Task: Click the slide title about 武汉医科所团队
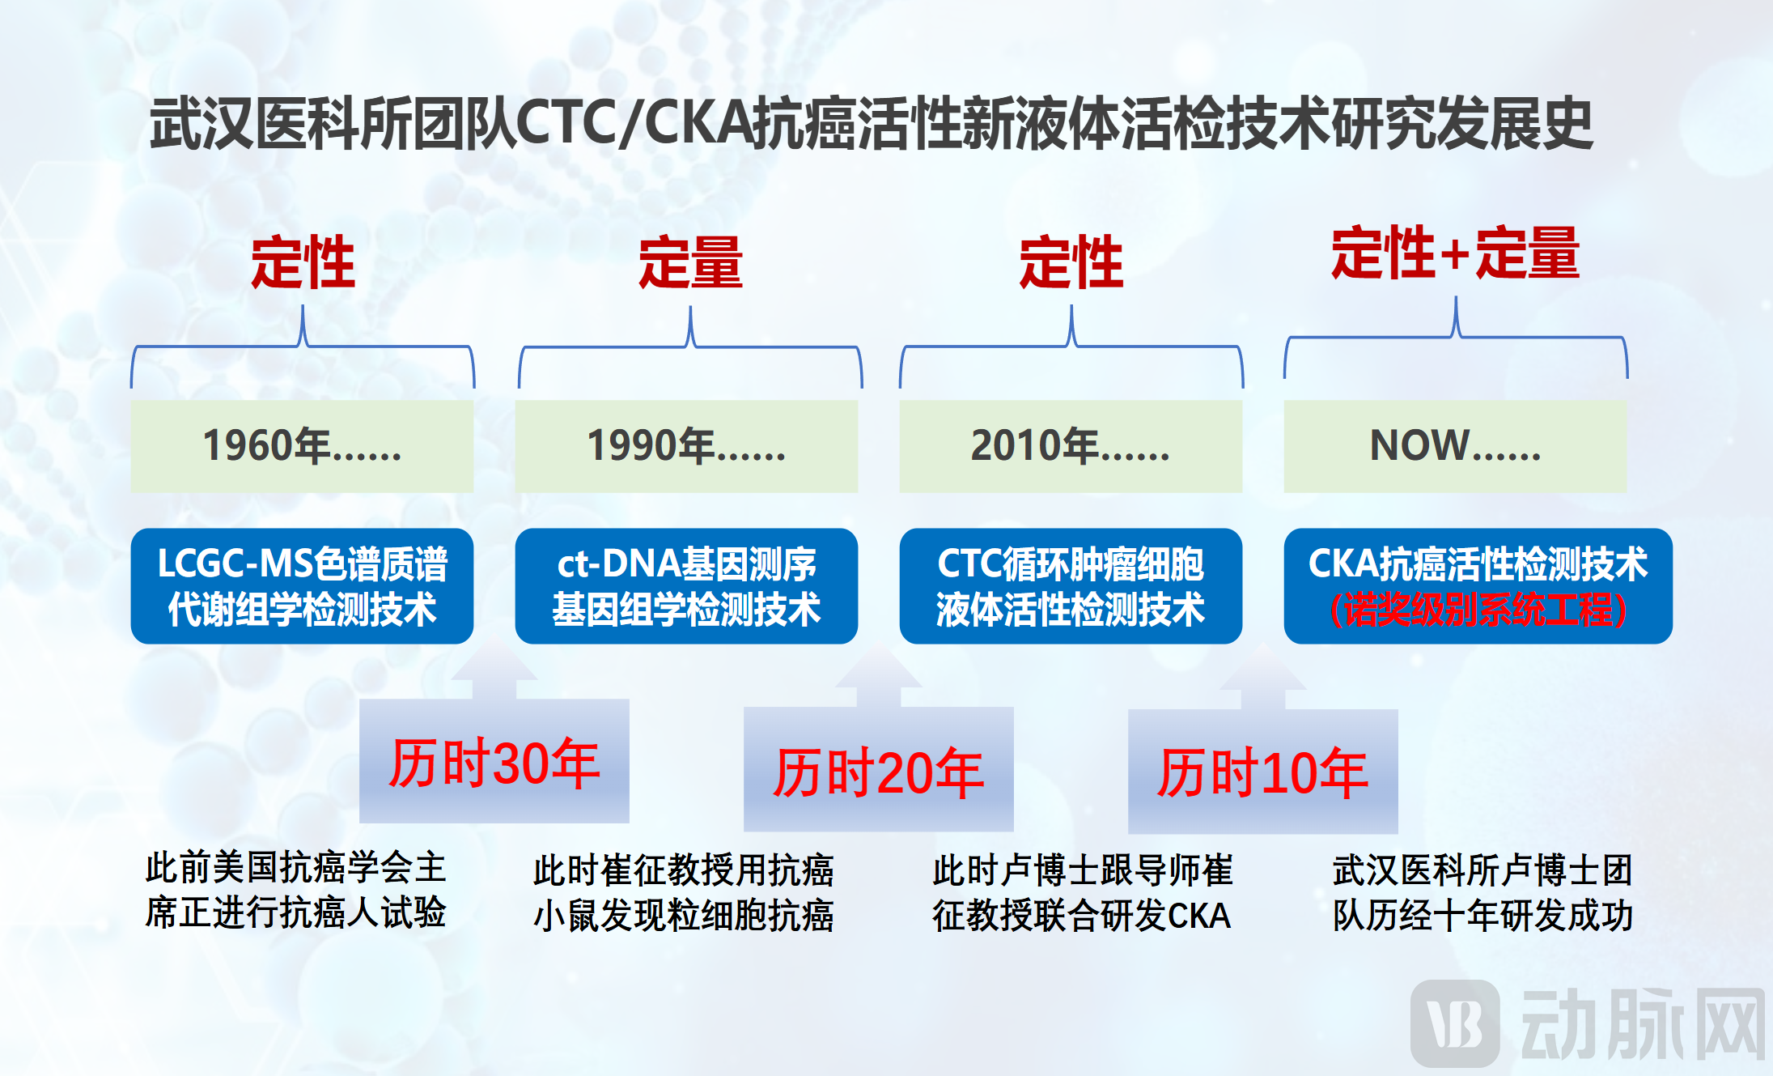(x=872, y=124)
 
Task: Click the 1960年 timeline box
(x=302, y=446)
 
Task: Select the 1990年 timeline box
(x=686, y=446)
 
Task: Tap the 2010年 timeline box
(x=1071, y=446)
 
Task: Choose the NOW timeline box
(x=1455, y=446)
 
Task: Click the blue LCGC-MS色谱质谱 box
(x=302, y=586)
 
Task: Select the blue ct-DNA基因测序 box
(x=686, y=586)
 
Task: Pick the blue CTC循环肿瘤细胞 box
(x=1071, y=586)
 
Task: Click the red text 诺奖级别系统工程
(x=1478, y=610)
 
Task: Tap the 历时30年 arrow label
(x=494, y=763)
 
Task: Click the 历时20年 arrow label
(x=878, y=772)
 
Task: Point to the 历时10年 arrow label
(x=1262, y=772)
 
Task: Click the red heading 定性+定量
(x=1455, y=253)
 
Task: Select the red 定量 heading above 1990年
(x=690, y=263)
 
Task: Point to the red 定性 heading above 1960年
(x=303, y=263)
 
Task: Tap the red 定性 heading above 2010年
(x=1071, y=263)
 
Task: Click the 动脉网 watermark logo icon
(x=1455, y=1023)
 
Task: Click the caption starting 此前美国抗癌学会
(x=295, y=889)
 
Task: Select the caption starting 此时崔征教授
(x=683, y=892)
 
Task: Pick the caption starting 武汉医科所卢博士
(x=1482, y=892)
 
